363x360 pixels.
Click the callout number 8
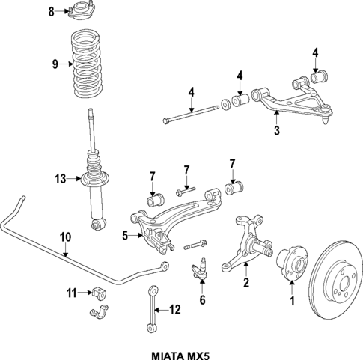52,11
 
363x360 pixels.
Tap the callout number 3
276,132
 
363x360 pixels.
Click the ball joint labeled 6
201,268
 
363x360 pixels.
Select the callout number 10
65,237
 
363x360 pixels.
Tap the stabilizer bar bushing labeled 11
100,293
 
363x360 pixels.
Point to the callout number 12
174,308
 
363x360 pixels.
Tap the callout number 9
54,64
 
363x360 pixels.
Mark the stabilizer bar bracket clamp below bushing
99,313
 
